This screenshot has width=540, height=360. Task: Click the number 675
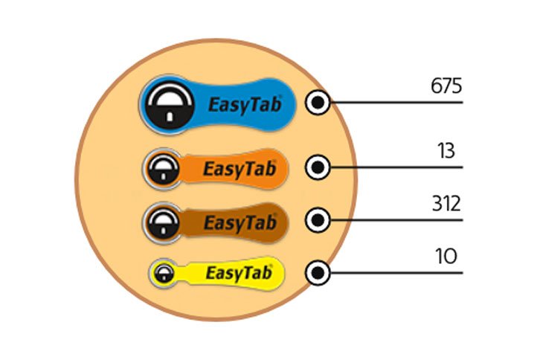[x=446, y=86]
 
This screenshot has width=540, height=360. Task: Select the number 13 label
[x=446, y=150]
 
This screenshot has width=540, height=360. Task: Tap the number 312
[x=446, y=204]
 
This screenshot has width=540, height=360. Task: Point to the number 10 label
[x=446, y=257]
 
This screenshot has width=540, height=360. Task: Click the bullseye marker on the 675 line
[x=318, y=103]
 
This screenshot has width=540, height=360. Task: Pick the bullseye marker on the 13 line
[x=318, y=167]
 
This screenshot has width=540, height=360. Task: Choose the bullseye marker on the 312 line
[x=318, y=220]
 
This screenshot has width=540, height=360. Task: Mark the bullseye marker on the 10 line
[x=318, y=273]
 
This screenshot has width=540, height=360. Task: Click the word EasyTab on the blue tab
[x=245, y=105]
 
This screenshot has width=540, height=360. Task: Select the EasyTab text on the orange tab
[x=240, y=169]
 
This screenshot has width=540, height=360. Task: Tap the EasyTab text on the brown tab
[x=240, y=223]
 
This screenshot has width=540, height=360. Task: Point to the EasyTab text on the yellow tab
[x=239, y=273]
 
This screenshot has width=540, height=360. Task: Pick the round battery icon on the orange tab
[x=163, y=169]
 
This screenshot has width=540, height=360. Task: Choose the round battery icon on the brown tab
[x=163, y=223]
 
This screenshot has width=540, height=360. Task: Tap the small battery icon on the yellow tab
[x=164, y=274]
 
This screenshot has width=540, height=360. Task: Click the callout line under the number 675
[x=396, y=103]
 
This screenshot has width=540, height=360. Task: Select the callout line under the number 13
[x=396, y=167]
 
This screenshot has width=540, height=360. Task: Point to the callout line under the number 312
[x=396, y=220]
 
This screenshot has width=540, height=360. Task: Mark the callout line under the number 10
[x=396, y=273]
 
